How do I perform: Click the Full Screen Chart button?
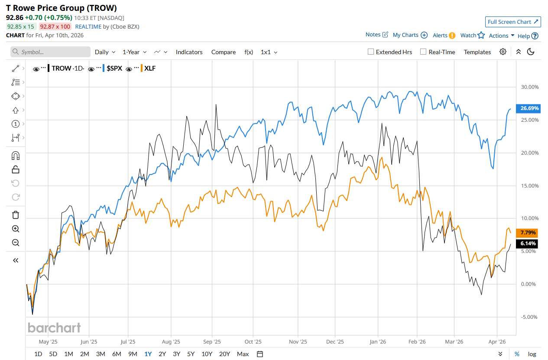pyautogui.click(x=513, y=22)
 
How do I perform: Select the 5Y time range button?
pyautogui.click(x=191, y=354)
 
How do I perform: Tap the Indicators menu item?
pyautogui.click(x=189, y=52)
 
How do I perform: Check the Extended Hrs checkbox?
pyautogui.click(x=371, y=52)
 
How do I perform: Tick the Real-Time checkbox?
pyautogui.click(x=423, y=52)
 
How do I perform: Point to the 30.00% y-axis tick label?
pyautogui.click(x=529, y=87)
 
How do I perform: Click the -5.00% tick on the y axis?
pyautogui.click(x=529, y=317)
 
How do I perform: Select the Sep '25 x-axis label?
pyautogui.click(x=212, y=341)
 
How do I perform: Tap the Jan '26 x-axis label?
pyautogui.click(x=378, y=341)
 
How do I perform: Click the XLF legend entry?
pyautogui.click(x=149, y=68)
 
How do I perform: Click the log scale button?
pyautogui.click(x=532, y=354)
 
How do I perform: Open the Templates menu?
pyautogui.click(x=477, y=52)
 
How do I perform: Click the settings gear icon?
pyautogui.click(x=503, y=52)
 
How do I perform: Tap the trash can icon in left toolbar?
pyautogui.click(x=16, y=215)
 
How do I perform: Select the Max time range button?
pyautogui.click(x=243, y=354)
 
